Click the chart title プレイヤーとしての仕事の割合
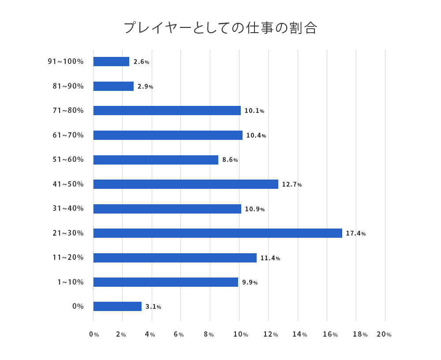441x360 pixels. click(x=220, y=28)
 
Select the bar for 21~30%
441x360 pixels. click(x=217, y=233)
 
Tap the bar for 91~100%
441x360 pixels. click(x=111, y=62)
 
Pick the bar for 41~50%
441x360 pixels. click(x=186, y=184)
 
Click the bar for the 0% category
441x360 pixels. click(x=117, y=306)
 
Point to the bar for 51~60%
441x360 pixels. click(x=156, y=160)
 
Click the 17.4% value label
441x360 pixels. click(x=355, y=233)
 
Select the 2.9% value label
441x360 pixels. click(x=145, y=86)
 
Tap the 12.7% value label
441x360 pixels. click(x=292, y=184)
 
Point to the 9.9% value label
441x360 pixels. click(x=250, y=282)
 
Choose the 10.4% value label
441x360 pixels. click(x=256, y=135)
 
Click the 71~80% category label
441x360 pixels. click(x=68, y=110)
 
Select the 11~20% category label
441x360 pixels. click(x=68, y=257)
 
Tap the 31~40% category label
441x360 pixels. click(x=68, y=208)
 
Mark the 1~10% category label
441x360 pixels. click(x=70, y=282)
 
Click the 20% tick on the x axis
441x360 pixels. click(x=384, y=334)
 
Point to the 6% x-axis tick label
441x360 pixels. click(x=179, y=334)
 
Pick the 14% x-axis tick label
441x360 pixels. click(x=299, y=334)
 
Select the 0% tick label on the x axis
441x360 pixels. click(x=94, y=334)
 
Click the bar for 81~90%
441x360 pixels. click(x=113, y=86)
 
